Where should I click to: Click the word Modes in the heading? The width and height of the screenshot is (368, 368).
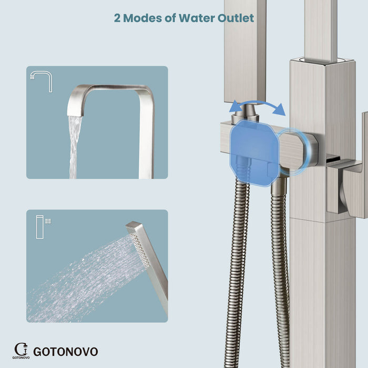142,18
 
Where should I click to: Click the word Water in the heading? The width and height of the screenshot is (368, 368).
197,18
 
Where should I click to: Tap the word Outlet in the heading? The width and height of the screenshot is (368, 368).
236,18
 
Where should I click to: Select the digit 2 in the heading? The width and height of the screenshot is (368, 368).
117,18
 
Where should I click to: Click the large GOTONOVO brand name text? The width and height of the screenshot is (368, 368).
66,352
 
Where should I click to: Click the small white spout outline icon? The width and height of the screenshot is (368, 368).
42,81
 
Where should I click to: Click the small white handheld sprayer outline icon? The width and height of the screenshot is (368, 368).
44,227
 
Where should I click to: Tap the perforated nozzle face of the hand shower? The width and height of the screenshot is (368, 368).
140,250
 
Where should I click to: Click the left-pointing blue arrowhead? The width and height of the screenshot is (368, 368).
235,107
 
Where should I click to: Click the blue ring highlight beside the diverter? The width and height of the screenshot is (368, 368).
294,152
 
